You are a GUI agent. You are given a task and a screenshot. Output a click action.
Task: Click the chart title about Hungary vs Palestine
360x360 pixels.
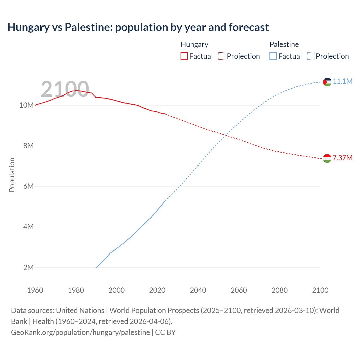138,27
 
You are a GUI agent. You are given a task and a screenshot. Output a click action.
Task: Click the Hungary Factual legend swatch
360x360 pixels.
184,56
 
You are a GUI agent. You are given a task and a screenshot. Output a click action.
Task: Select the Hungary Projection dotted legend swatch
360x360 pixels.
222,56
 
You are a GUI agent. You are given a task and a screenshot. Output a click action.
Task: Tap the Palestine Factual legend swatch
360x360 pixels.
273,56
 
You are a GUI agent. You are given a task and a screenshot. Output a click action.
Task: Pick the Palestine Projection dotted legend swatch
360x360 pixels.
310,56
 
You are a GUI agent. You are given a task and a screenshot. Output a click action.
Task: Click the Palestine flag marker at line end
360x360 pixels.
327,82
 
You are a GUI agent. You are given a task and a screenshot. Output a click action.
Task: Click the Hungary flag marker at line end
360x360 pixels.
327,159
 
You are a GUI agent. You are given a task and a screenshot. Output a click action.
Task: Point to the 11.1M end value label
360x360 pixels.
343,81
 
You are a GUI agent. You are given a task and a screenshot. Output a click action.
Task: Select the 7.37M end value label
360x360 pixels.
343,158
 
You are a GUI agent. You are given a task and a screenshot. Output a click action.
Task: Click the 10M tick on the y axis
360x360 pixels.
26,105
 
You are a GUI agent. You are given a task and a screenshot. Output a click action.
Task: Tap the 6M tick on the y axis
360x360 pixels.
28,186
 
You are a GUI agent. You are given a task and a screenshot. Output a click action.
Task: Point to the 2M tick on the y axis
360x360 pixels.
28,267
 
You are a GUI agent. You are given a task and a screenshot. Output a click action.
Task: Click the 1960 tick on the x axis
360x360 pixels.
35,290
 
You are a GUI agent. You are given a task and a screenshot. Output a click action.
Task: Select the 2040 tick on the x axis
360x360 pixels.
198,290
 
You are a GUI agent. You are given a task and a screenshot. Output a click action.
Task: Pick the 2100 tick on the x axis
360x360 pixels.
320,290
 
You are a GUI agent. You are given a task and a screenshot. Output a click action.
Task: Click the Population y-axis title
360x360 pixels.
12,175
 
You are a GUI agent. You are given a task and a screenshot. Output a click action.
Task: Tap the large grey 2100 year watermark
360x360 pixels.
65,89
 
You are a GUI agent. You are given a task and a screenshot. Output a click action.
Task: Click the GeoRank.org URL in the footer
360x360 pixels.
80,332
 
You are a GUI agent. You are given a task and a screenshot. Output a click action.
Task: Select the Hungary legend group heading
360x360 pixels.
194,44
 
